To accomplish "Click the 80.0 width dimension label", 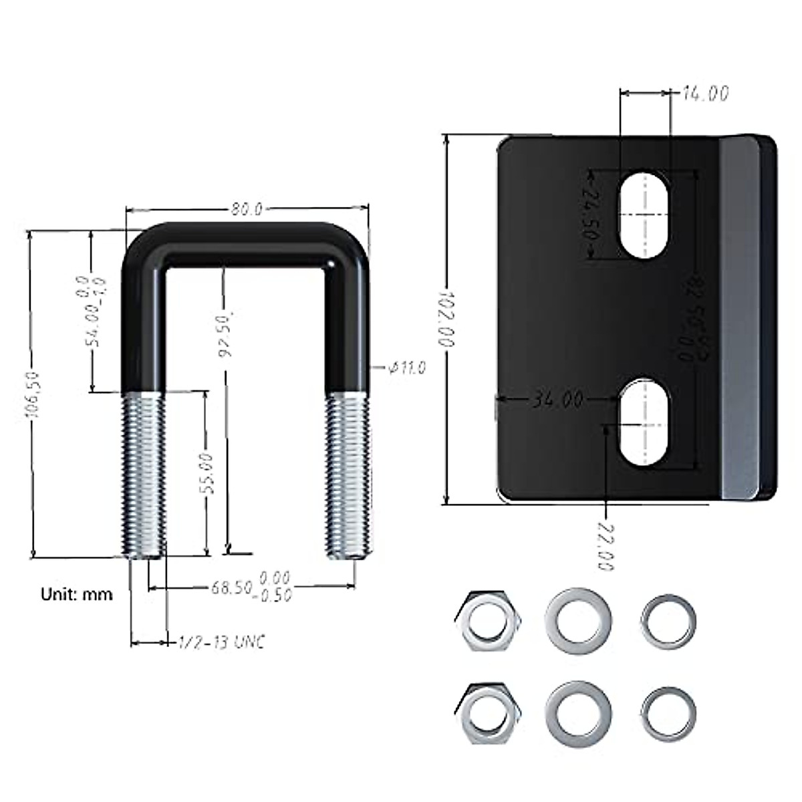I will pos(247,209).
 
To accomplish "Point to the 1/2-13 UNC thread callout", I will pos(221,642).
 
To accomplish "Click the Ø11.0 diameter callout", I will pos(406,367).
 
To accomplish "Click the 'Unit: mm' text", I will pos(77,593).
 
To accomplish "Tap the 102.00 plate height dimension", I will pos(447,318).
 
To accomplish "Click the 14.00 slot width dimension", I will pos(705,94).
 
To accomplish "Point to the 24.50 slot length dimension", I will pos(590,214).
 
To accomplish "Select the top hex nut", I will pos(486,620).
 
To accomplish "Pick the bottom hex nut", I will pos(486,714).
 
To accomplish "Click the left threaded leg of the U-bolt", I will pos(143,475).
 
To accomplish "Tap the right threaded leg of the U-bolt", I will pos(347,475).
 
